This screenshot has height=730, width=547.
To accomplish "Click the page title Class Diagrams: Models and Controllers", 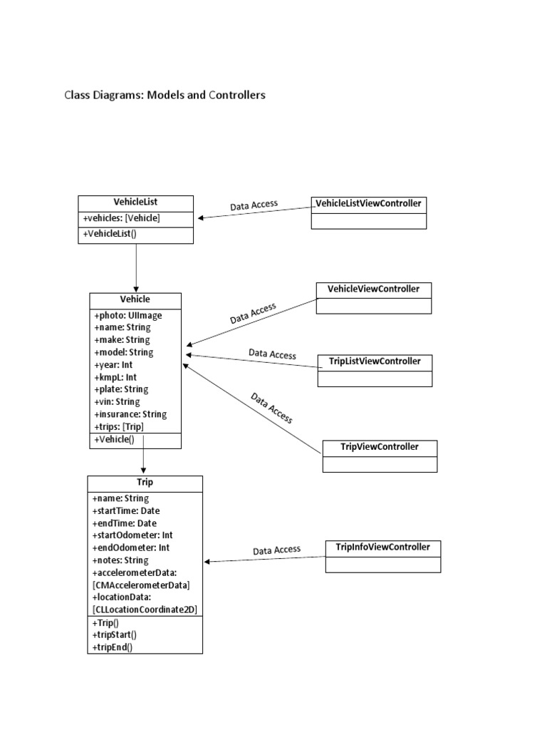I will (165, 95).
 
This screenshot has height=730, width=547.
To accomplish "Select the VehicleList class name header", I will (135, 202).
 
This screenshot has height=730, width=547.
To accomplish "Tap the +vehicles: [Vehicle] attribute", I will (122, 219).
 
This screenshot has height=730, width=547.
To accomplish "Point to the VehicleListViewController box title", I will (368, 204).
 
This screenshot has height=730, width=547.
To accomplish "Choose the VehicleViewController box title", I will (374, 289).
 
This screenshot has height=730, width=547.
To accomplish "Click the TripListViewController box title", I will (375, 361).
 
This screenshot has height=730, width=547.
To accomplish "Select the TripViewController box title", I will (380, 448).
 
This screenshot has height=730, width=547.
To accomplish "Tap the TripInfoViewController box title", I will (382, 547).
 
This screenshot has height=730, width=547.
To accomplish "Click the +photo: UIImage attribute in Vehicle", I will (127, 315).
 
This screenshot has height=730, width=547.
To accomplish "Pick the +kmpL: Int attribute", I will (115, 377).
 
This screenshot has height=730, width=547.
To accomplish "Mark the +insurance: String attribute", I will (130, 414).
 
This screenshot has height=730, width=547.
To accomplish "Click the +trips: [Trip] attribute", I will (118, 426).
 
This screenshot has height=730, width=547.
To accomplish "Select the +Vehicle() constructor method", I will (113, 440).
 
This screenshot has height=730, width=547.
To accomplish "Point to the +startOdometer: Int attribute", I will (132, 535).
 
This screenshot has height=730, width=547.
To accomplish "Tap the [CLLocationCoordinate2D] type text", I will (145, 609).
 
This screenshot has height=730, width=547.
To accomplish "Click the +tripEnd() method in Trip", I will (113, 647).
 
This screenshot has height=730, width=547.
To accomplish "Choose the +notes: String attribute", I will (120, 560).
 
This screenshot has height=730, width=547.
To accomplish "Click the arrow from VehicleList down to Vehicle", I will (136, 267).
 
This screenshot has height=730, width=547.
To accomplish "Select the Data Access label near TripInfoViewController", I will (276, 550).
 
